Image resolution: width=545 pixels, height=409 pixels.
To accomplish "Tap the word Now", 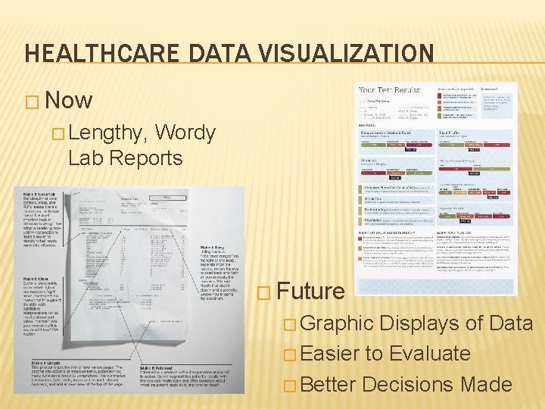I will tap(69, 101).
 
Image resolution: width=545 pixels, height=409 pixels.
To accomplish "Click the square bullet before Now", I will tap(32, 101).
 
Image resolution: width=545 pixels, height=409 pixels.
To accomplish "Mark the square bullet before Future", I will tap(263, 292).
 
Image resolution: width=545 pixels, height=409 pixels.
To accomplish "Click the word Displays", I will tap(424, 323).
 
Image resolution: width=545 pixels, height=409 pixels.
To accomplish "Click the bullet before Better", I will tap(288, 385).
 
